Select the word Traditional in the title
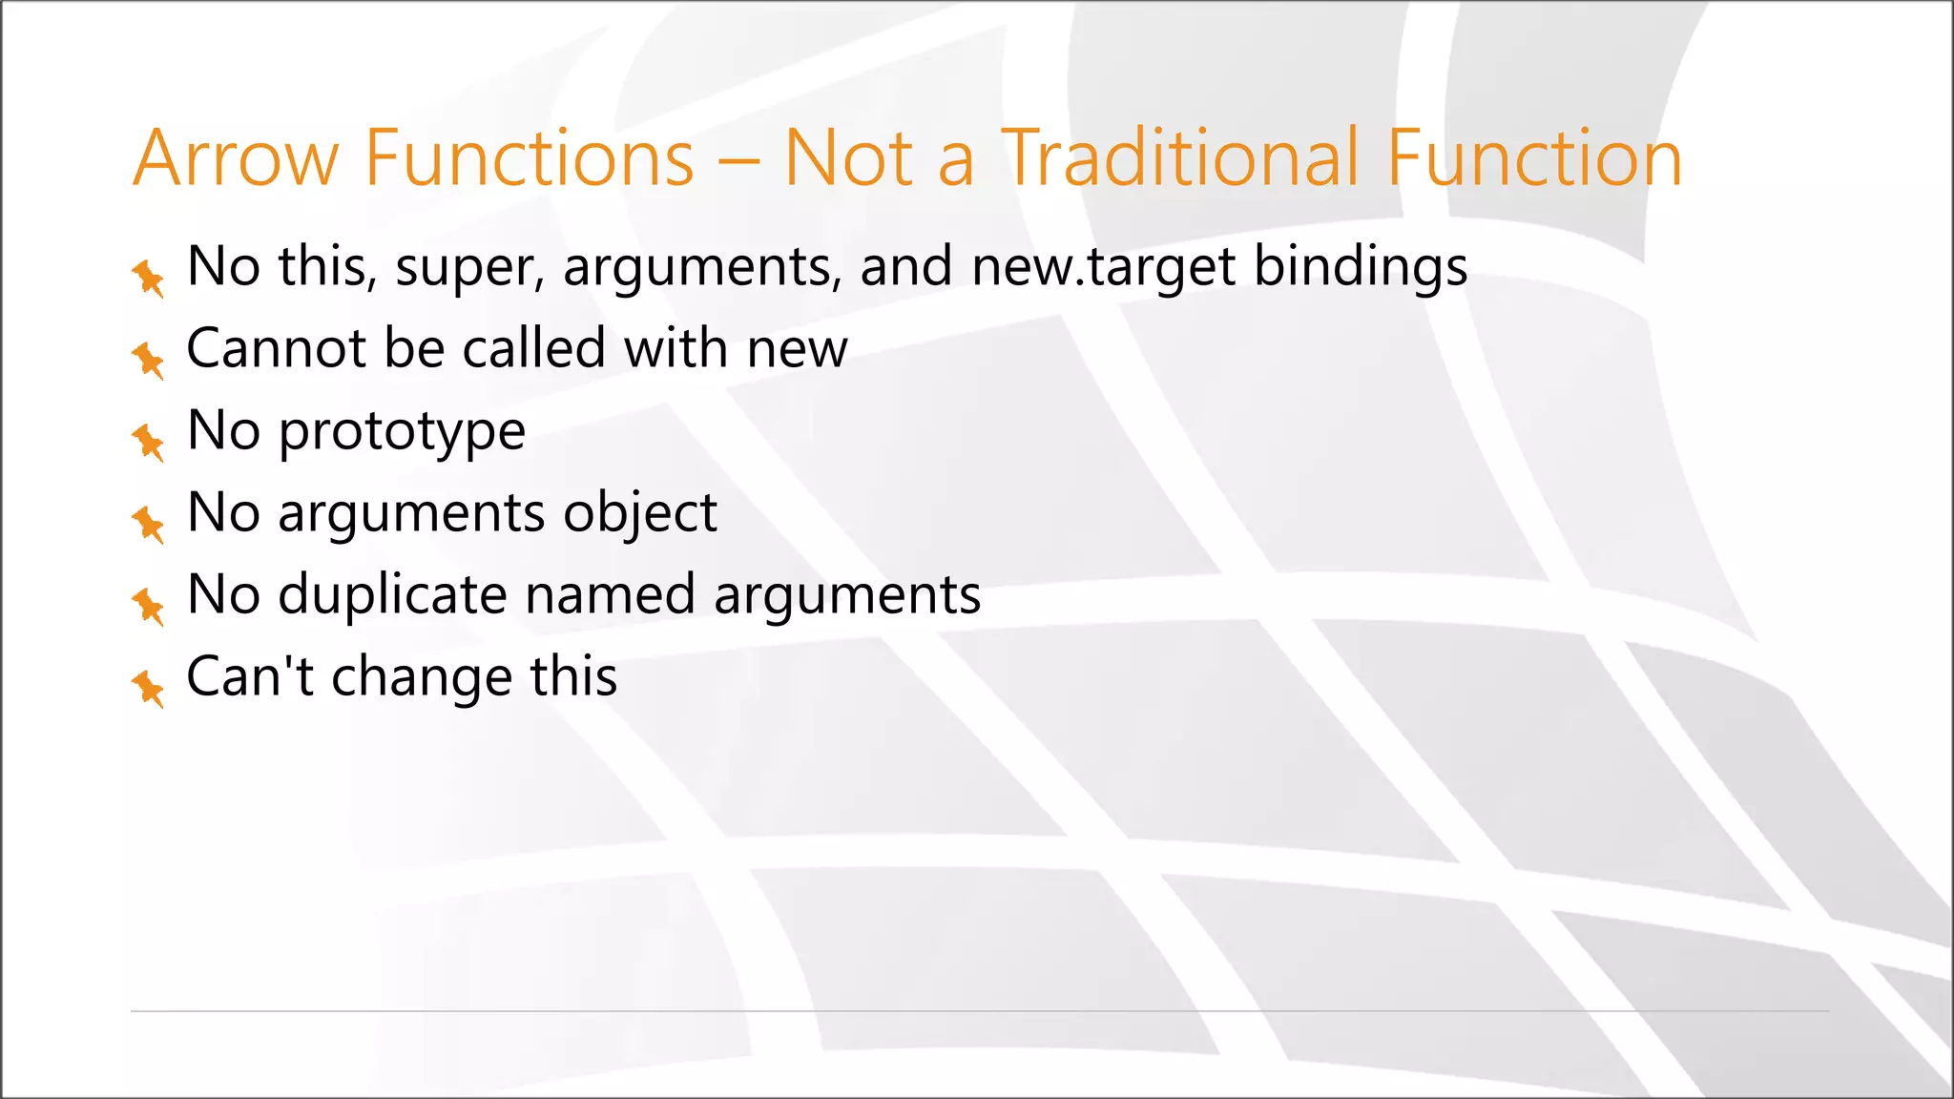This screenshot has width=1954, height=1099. [1180, 158]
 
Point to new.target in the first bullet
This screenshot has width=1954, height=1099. [1104, 267]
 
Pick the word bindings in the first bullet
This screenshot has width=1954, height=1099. [1360, 267]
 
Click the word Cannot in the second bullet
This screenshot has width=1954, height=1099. [274, 348]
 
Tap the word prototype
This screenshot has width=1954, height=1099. [402, 432]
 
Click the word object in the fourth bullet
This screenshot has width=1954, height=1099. [639, 514]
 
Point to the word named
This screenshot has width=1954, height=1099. [610, 596]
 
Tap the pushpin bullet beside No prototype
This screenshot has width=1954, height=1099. [148, 442]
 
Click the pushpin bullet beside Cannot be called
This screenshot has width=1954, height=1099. [148, 360]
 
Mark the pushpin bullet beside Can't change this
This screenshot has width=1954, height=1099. [148, 688]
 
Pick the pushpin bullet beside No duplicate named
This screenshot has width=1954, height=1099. [148, 606]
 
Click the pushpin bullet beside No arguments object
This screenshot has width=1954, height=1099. [148, 524]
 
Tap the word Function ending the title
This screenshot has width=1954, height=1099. [1533, 158]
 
